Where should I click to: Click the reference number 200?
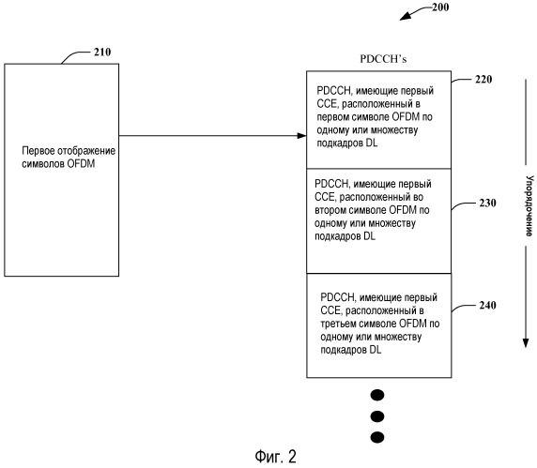(440, 8)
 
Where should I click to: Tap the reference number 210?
(102, 52)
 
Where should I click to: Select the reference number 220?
(483, 80)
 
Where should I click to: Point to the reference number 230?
(487, 203)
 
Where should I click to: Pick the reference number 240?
(487, 305)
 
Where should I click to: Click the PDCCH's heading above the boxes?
(383, 59)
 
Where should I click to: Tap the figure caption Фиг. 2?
(275, 457)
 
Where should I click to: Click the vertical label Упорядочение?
(529, 206)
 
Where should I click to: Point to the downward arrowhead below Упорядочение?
(526, 342)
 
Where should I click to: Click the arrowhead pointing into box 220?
(301, 136)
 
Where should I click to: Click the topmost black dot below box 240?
(377, 395)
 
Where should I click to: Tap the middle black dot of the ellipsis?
(377, 416)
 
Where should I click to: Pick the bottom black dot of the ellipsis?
(377, 437)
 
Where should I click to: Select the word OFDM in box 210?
(81, 164)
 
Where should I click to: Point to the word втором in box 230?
(329, 210)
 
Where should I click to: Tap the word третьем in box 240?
(336, 324)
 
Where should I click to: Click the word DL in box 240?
(375, 350)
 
